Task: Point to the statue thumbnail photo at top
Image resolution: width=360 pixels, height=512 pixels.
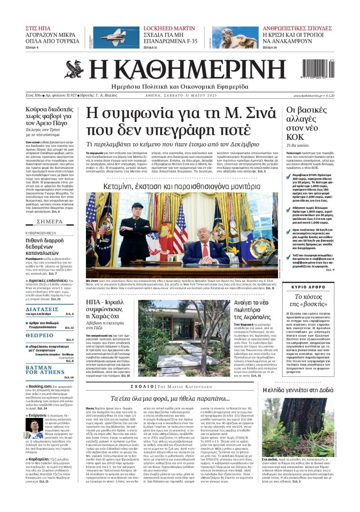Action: (229, 37)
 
